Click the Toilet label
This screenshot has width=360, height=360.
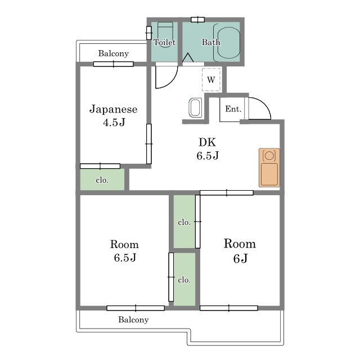(164, 42)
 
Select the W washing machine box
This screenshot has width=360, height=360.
(211, 80)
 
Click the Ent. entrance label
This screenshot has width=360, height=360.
(233, 109)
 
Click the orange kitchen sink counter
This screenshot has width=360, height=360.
(269, 168)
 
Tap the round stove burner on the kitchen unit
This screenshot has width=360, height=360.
(269, 156)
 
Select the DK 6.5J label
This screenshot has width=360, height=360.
(208, 148)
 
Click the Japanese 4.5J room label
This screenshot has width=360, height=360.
(114, 115)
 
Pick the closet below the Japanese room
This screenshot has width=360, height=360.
(102, 179)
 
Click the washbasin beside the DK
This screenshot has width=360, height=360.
(195, 107)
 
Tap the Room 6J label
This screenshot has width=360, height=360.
(240, 251)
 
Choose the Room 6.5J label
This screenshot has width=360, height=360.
(125, 251)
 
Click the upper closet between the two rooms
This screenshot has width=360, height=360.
(184, 222)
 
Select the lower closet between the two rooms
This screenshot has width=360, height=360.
(184, 280)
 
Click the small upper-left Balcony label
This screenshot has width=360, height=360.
(114, 53)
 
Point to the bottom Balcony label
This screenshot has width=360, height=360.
(133, 319)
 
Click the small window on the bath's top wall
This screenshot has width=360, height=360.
(197, 20)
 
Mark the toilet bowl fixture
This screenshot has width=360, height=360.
(165, 34)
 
